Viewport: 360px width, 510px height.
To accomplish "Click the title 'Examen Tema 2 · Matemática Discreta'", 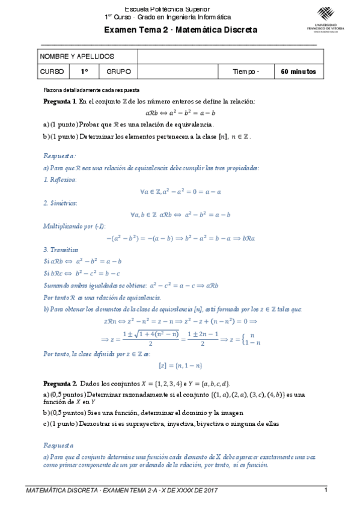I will [x=180, y=30].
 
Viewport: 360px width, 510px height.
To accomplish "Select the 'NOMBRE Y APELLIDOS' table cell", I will [x=77, y=56].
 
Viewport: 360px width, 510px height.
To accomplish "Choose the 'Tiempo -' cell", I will [x=246, y=72].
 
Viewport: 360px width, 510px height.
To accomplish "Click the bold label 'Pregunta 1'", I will [x=59, y=102].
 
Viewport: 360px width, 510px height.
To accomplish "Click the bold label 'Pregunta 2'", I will [x=59, y=383].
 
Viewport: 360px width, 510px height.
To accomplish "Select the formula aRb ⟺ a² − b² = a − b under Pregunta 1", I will [x=180, y=112].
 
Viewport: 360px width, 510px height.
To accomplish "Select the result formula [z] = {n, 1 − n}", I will [x=180, y=365].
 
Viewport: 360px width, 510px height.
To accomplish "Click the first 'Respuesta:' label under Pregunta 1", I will [x=59, y=155].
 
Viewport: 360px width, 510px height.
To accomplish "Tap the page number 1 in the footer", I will [x=325, y=490].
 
